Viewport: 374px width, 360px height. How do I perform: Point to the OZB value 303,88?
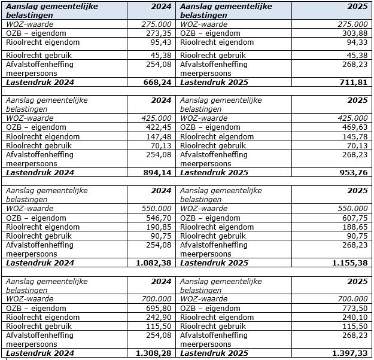pyautogui.click(x=354, y=33)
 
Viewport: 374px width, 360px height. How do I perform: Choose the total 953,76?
pyautogui.click(x=353, y=173)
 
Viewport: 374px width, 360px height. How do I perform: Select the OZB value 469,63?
pyautogui.click(x=354, y=127)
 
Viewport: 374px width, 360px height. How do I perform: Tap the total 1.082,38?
pyautogui.click(x=154, y=263)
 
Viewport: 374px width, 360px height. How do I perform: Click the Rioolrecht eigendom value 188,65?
pyautogui.click(x=354, y=227)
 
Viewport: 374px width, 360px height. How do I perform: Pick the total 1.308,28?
pyautogui.click(x=154, y=353)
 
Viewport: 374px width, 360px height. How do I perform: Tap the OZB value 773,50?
pyautogui.click(x=354, y=309)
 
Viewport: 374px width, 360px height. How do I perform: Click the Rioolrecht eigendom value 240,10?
pyautogui.click(x=354, y=318)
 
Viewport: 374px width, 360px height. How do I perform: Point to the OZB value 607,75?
pyautogui.click(x=354, y=218)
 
